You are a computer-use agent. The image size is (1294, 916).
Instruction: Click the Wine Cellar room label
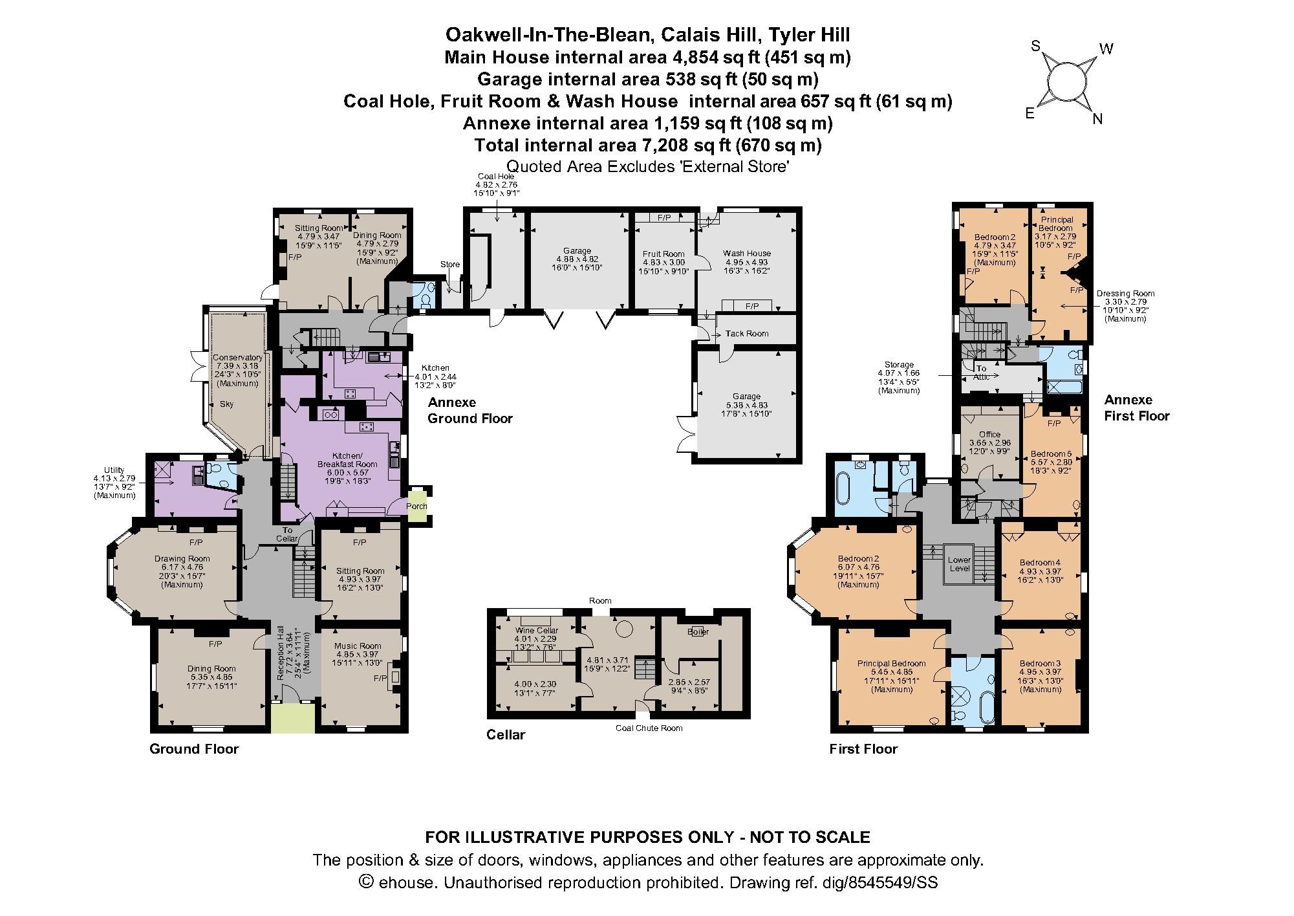[536, 630]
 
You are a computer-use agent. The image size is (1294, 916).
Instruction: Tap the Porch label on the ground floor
[416, 506]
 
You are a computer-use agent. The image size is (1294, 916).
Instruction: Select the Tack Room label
[746, 334]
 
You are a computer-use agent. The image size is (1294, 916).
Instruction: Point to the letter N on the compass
[1097, 119]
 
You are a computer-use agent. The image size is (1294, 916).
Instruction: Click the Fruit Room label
[663, 254]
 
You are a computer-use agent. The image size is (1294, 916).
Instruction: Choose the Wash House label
[746, 253]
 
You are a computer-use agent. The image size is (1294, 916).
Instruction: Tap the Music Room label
[358, 646]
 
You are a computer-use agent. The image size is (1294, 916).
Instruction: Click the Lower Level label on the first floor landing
[959, 564]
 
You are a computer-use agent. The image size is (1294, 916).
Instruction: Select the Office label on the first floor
[989, 435]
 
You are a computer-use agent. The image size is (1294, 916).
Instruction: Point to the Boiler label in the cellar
[698, 631]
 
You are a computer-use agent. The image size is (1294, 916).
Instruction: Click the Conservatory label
[237, 358]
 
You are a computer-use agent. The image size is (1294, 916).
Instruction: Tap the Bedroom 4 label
[1040, 562]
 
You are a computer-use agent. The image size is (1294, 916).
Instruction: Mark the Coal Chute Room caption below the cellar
[649, 728]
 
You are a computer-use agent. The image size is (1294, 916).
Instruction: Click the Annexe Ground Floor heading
[469, 410]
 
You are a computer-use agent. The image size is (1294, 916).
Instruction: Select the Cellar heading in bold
[506, 735]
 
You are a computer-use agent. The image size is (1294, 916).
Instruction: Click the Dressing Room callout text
[1125, 294]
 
